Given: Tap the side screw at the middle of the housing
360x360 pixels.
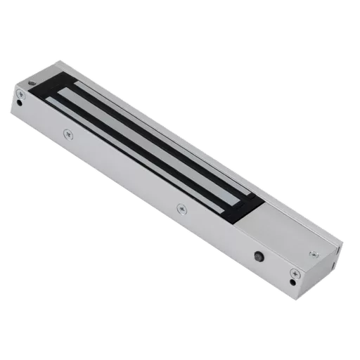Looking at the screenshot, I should click(x=181, y=207).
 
